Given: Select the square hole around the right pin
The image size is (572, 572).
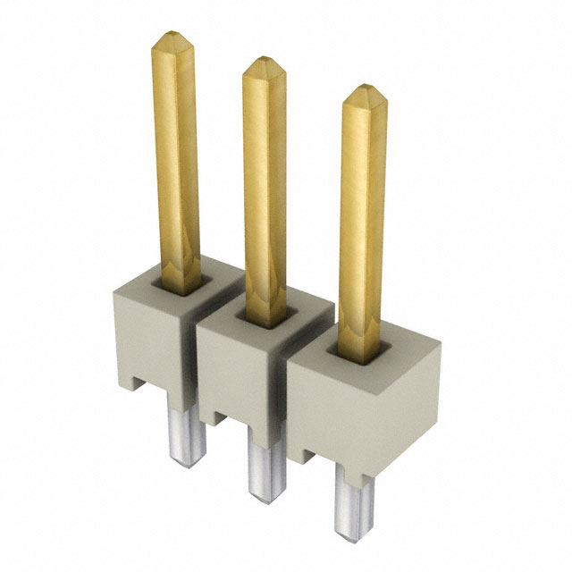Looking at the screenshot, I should tap(362, 350).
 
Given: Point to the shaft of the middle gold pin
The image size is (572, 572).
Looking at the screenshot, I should tap(265, 188).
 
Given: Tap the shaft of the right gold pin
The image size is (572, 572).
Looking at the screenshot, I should tap(362, 214).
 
